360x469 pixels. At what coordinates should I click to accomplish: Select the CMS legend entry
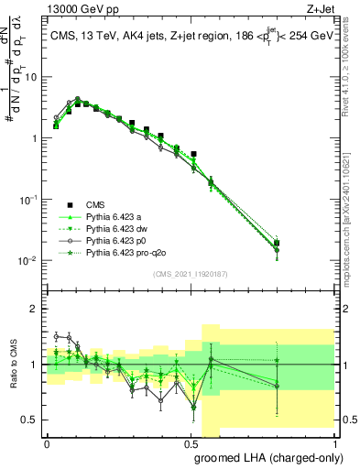pyautogui.click(x=96, y=204)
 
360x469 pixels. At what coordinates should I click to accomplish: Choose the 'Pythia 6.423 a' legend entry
pyautogui.click(x=115, y=216)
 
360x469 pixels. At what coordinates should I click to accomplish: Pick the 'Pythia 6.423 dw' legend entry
pyautogui.click(x=118, y=228)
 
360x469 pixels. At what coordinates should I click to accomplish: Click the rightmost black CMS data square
pyautogui.click(x=303, y=244)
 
